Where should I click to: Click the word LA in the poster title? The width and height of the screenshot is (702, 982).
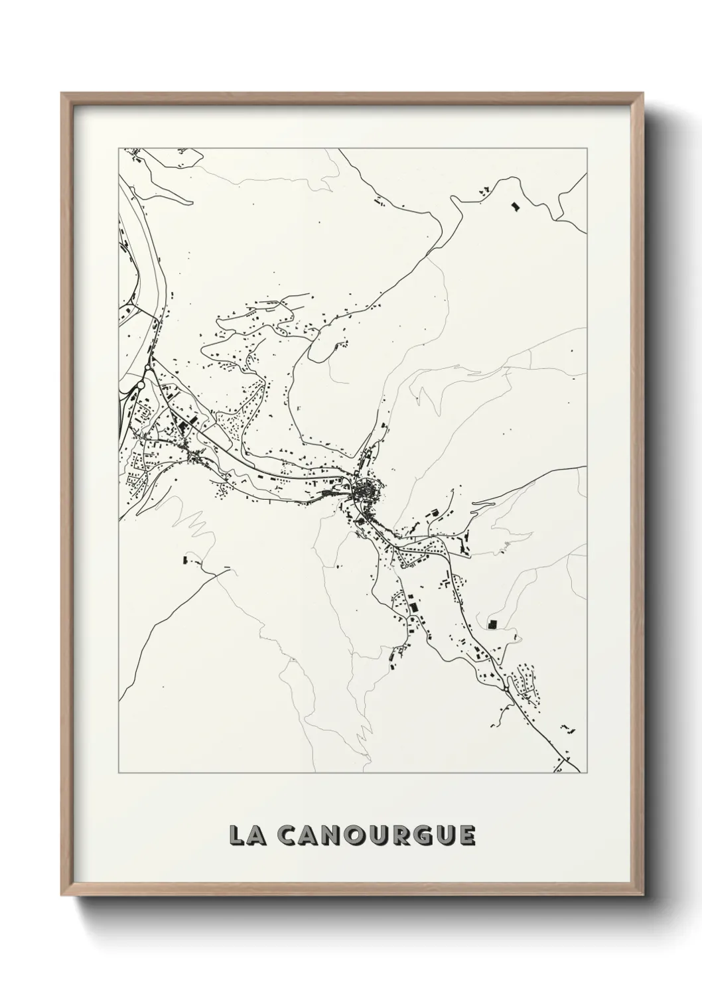(x=247, y=836)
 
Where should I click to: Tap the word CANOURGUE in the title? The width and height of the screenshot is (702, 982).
(x=376, y=836)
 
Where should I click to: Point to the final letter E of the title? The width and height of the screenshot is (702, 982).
(x=466, y=836)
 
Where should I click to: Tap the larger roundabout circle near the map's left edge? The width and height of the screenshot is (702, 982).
(x=141, y=385)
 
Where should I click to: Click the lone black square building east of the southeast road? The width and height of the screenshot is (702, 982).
(x=492, y=624)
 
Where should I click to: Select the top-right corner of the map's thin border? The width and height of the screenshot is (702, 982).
(x=587, y=148)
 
